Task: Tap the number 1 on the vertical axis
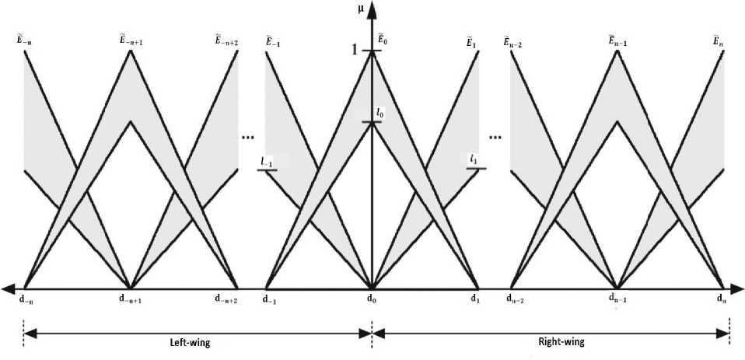pos(355,51)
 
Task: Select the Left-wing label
pos(191,341)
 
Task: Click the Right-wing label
pos(561,341)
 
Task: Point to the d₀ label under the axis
pos(372,297)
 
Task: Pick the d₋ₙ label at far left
pos(25,297)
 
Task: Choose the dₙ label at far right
pos(723,297)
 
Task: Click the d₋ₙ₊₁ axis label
pos(131,297)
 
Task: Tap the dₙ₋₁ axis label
pos(617,297)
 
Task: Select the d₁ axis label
pos(475,297)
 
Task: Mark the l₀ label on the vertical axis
pos(379,113)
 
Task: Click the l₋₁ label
pos(267,161)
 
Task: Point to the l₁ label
pos(474,159)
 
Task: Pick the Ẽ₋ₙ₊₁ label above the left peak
pos(129,40)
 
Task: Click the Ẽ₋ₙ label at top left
pos(23,40)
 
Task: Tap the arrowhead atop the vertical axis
pos(372,9)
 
